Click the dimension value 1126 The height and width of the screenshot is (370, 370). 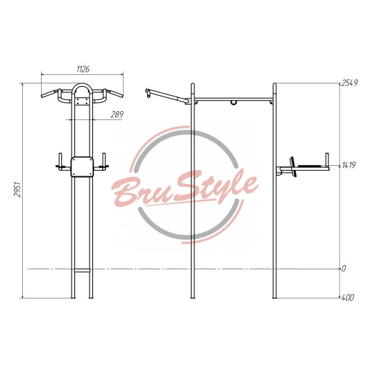point(83,69)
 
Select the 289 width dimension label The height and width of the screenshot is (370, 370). point(117,115)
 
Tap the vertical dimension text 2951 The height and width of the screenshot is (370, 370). point(17,190)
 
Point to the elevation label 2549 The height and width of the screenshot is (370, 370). point(350,83)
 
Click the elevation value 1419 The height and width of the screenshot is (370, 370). point(348,165)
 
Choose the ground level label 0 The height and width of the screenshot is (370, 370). point(344,268)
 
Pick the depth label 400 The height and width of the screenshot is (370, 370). point(348,297)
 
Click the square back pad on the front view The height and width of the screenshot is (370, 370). point(82,167)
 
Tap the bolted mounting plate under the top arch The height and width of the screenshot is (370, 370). point(83,101)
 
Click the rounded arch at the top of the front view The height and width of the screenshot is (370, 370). point(82,84)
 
